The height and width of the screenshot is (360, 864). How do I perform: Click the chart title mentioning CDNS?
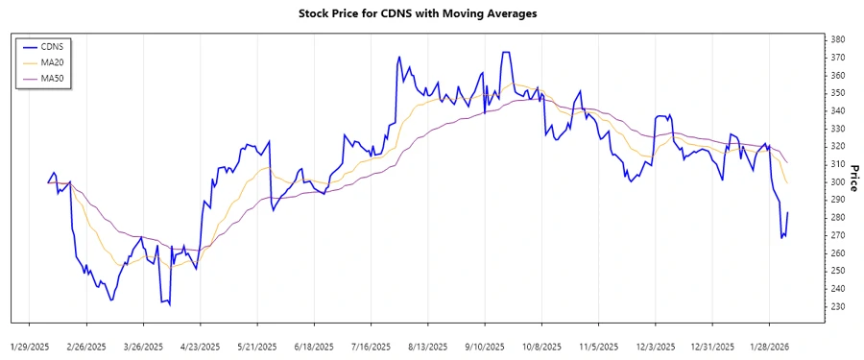[432, 13]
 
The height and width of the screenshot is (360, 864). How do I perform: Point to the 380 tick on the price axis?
[838, 39]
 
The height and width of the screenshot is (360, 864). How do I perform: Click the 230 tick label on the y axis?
[838, 306]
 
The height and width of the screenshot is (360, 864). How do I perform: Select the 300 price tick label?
[838, 181]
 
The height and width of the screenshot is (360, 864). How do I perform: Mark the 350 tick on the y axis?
[838, 93]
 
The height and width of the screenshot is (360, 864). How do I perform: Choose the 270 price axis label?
[838, 235]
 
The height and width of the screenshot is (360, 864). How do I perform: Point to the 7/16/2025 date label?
[371, 346]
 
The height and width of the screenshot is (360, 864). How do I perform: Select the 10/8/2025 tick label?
[541, 346]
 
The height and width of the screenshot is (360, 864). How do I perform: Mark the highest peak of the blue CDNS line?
[505, 52]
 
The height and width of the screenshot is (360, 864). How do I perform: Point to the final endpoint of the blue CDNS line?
[787, 212]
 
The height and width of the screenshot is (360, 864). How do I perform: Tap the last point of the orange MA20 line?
[787, 182]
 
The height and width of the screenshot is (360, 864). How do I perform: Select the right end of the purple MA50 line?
[787, 162]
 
